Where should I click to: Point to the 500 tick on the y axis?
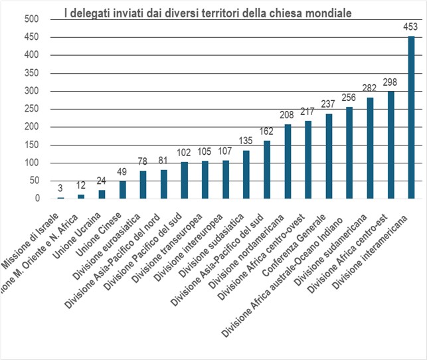pyautogui.click(x=31, y=19)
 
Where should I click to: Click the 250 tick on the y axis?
pyautogui.click(x=31, y=109)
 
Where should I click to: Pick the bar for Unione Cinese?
pyautogui.click(x=123, y=190)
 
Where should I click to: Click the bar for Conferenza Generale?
pyautogui.click(x=329, y=156)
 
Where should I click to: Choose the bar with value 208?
pyautogui.click(x=288, y=161)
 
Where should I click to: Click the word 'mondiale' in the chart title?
pyautogui.click(x=325, y=12)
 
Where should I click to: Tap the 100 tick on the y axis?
pyautogui.click(x=31, y=163)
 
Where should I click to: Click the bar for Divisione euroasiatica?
pyautogui.click(x=143, y=185)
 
